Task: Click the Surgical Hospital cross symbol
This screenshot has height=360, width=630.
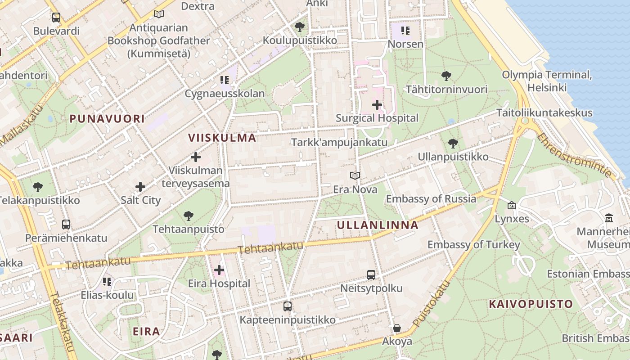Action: (377, 105)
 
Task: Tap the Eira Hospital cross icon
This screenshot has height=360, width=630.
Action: (219, 270)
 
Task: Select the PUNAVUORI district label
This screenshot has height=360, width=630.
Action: (107, 119)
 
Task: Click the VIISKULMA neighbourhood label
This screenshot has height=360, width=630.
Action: (222, 138)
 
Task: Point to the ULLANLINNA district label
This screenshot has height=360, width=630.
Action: (378, 225)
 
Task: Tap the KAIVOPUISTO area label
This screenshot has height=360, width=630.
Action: (531, 304)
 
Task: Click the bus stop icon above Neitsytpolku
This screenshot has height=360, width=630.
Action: (371, 274)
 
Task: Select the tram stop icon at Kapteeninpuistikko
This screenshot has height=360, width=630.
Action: (288, 306)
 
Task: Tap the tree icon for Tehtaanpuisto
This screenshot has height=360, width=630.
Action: (189, 216)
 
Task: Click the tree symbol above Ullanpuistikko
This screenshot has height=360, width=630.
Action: (453, 144)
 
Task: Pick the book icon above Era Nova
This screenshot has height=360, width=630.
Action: (355, 176)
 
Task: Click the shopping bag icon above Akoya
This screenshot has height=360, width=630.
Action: (397, 328)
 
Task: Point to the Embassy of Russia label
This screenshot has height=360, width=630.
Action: (431, 198)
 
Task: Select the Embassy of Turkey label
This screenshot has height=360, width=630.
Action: (473, 245)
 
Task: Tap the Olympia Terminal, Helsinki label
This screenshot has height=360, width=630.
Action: (547, 81)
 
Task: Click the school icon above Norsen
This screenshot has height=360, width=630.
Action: (405, 31)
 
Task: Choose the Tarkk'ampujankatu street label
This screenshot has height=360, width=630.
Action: (339, 143)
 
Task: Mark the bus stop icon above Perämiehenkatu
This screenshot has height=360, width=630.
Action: (66, 224)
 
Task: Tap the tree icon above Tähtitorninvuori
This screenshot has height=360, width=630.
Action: (446, 76)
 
